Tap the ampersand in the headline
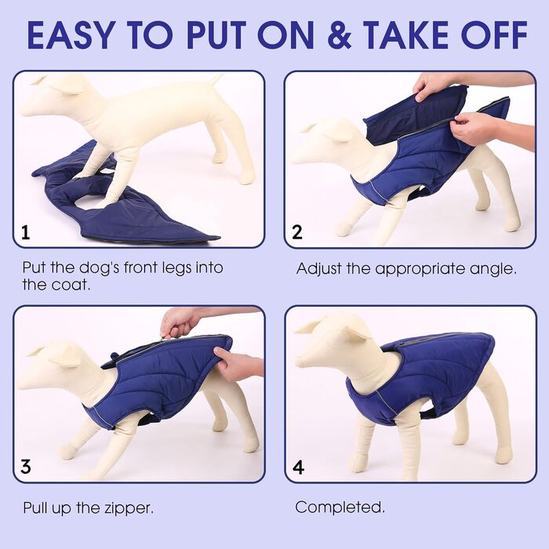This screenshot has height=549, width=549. point(340,35)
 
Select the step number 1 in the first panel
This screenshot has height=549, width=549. point(25,232)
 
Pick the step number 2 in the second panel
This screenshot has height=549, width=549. point(297,232)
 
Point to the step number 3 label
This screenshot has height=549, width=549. point(26,467)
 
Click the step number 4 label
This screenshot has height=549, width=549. point(298,467)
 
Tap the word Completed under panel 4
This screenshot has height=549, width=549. point(340,507)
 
